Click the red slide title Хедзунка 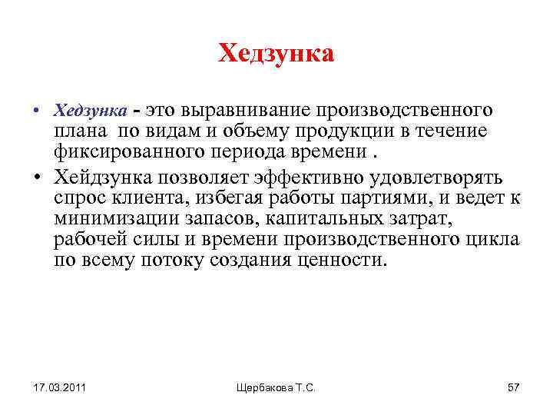tap(276, 54)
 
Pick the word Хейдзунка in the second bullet tap(101, 178)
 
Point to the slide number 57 tap(513, 387)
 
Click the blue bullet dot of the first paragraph tap(37, 112)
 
